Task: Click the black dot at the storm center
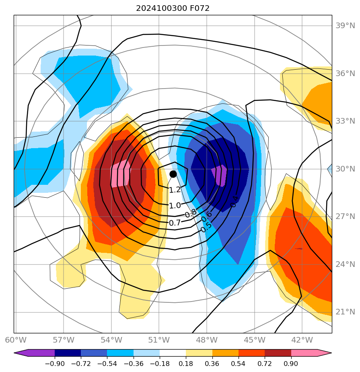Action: [x=173, y=174]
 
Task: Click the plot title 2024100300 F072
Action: [x=173, y=8]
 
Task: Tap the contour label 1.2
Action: [x=175, y=190]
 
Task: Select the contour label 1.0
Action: [x=175, y=206]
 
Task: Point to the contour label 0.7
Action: [x=175, y=223]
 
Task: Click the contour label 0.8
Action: [x=191, y=213]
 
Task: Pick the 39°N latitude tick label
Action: [x=345, y=26]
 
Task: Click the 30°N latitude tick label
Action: [x=345, y=169]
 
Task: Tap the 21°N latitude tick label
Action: [x=345, y=312]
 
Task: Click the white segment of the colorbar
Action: [x=173, y=353]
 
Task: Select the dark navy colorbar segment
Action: [x=68, y=353]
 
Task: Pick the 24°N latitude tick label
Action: [x=345, y=265]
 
